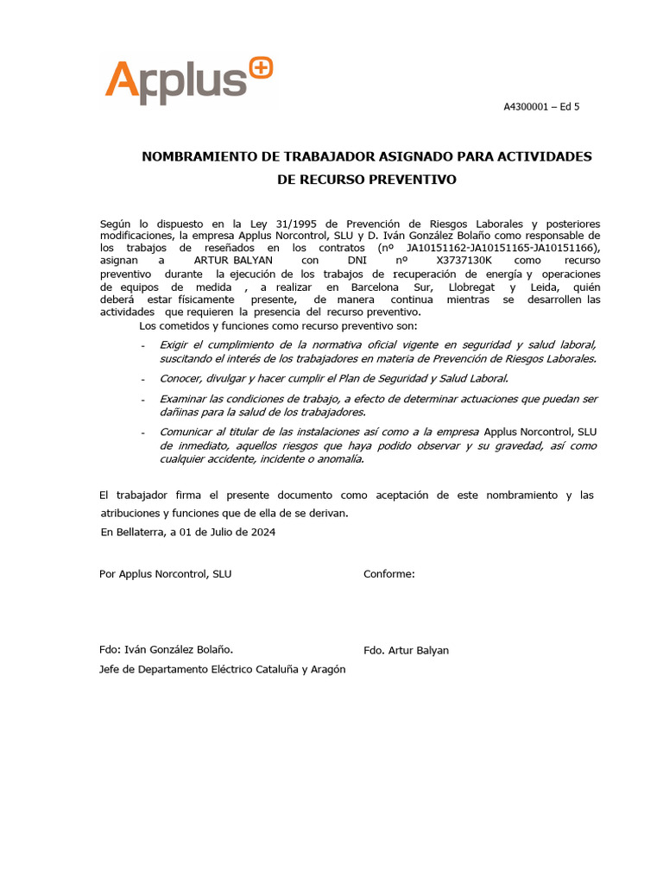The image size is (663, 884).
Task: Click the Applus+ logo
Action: point(188,79)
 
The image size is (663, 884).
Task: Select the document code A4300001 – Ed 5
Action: point(541,107)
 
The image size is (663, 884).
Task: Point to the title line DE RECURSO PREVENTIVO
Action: point(366,180)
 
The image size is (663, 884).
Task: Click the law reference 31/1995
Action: point(299,224)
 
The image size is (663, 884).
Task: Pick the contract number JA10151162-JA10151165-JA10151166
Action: point(500,248)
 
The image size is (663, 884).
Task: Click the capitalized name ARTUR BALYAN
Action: point(233,259)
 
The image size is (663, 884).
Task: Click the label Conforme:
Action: point(389,574)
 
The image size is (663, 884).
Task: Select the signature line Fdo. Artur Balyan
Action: point(406,650)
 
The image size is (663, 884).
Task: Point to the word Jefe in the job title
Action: point(111,669)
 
